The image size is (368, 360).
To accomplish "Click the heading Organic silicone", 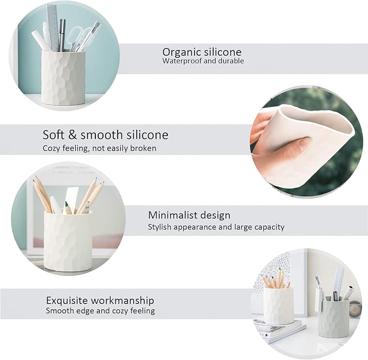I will pos(202,52).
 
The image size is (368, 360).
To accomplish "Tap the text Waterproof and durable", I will pos(203,61).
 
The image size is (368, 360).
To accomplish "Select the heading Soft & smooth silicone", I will pos(105,135).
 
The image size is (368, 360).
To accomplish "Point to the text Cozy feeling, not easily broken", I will pos(99,148).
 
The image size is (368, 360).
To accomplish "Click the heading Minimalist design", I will pos(189,215).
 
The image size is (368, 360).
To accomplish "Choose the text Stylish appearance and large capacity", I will pos(216,227).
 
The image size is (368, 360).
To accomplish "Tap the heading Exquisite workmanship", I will pos(100,300).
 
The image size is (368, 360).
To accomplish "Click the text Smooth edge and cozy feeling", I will pos(100,311).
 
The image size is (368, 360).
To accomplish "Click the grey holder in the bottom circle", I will pos(333,317).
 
